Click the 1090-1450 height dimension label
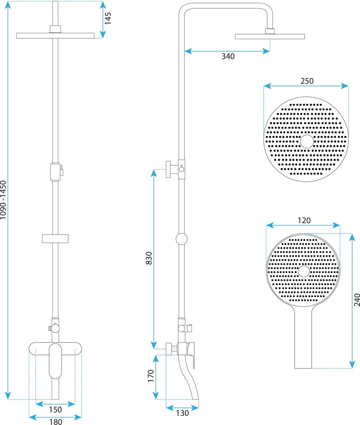click(4, 200)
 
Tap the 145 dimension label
click(108, 19)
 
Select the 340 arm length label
click(228, 56)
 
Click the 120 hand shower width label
click(304, 220)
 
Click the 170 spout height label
click(151, 376)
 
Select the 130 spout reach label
click(182, 413)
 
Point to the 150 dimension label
click(55, 410)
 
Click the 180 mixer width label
click(55, 422)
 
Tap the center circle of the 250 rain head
click(307, 142)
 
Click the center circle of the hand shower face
click(304, 272)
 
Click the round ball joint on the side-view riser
click(181, 239)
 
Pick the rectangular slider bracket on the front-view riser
click(55, 238)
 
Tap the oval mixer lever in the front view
click(55, 361)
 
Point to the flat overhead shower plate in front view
click(55, 35)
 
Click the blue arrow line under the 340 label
click(228, 51)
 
